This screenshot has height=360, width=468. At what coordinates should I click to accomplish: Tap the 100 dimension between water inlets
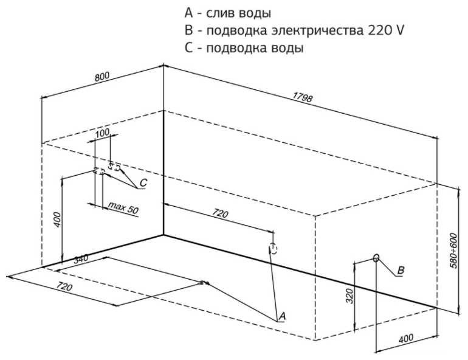tap(103, 133)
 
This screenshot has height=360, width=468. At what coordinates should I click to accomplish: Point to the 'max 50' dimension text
tap(123, 209)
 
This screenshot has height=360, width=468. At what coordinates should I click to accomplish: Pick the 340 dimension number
tap(81, 260)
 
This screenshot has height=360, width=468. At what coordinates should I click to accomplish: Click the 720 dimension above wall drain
tap(220, 213)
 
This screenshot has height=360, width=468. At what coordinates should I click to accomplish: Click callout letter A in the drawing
tap(281, 316)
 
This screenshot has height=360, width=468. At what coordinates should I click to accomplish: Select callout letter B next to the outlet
tap(401, 269)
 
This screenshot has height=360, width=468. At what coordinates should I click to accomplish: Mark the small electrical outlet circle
tap(376, 258)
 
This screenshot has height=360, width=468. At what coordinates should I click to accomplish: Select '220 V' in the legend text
tap(387, 30)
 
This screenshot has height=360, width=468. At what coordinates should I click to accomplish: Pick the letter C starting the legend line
tap(188, 48)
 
